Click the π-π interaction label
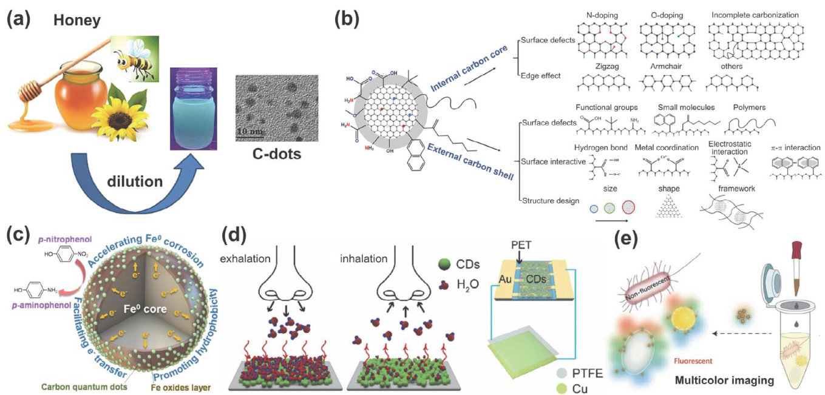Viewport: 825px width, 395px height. click(795, 147)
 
